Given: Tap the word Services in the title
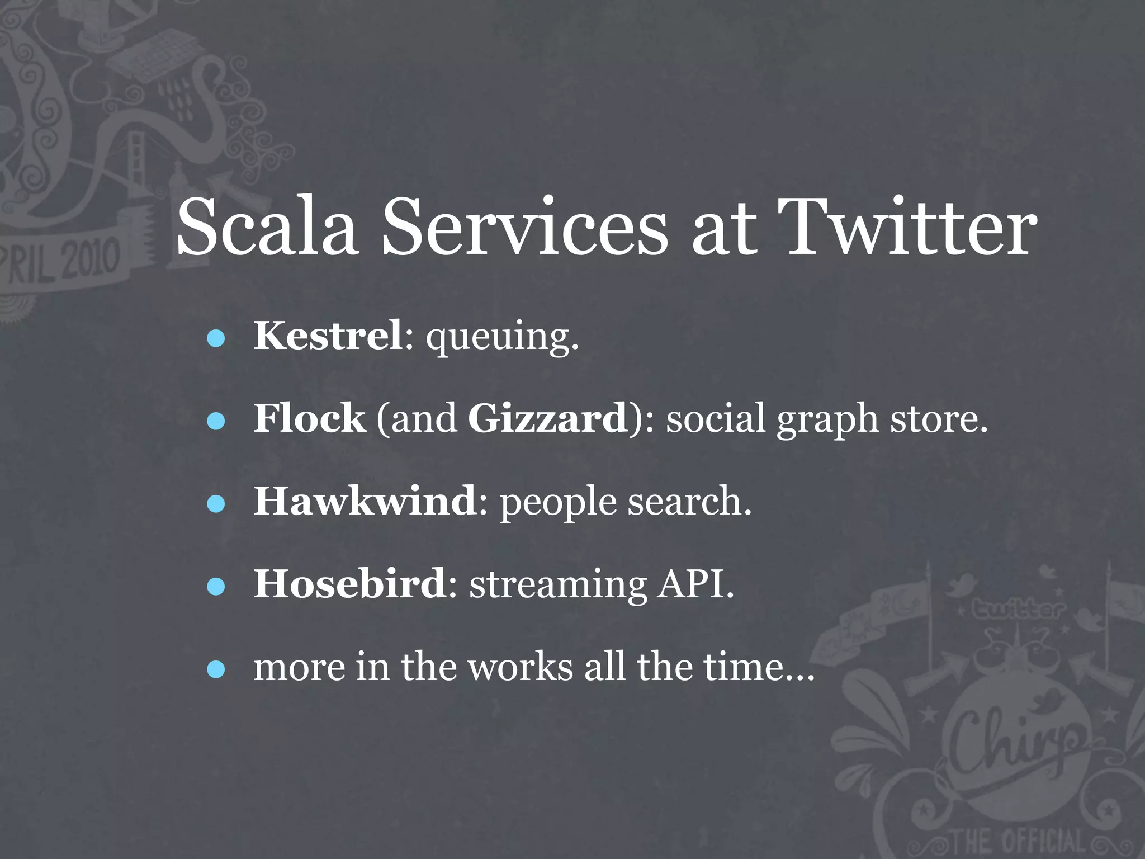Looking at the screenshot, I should point(524,228).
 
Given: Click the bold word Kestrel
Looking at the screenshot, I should point(328,336).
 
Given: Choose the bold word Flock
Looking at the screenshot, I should point(309,418).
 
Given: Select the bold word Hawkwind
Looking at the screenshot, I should point(365,501).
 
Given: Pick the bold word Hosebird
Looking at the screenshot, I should point(350,584).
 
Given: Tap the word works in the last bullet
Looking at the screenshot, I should point(521,667).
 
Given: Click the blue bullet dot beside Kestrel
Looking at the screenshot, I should point(216,338).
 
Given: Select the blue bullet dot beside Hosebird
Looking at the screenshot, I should point(216,587).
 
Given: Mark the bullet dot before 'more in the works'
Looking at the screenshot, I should point(216,669).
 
